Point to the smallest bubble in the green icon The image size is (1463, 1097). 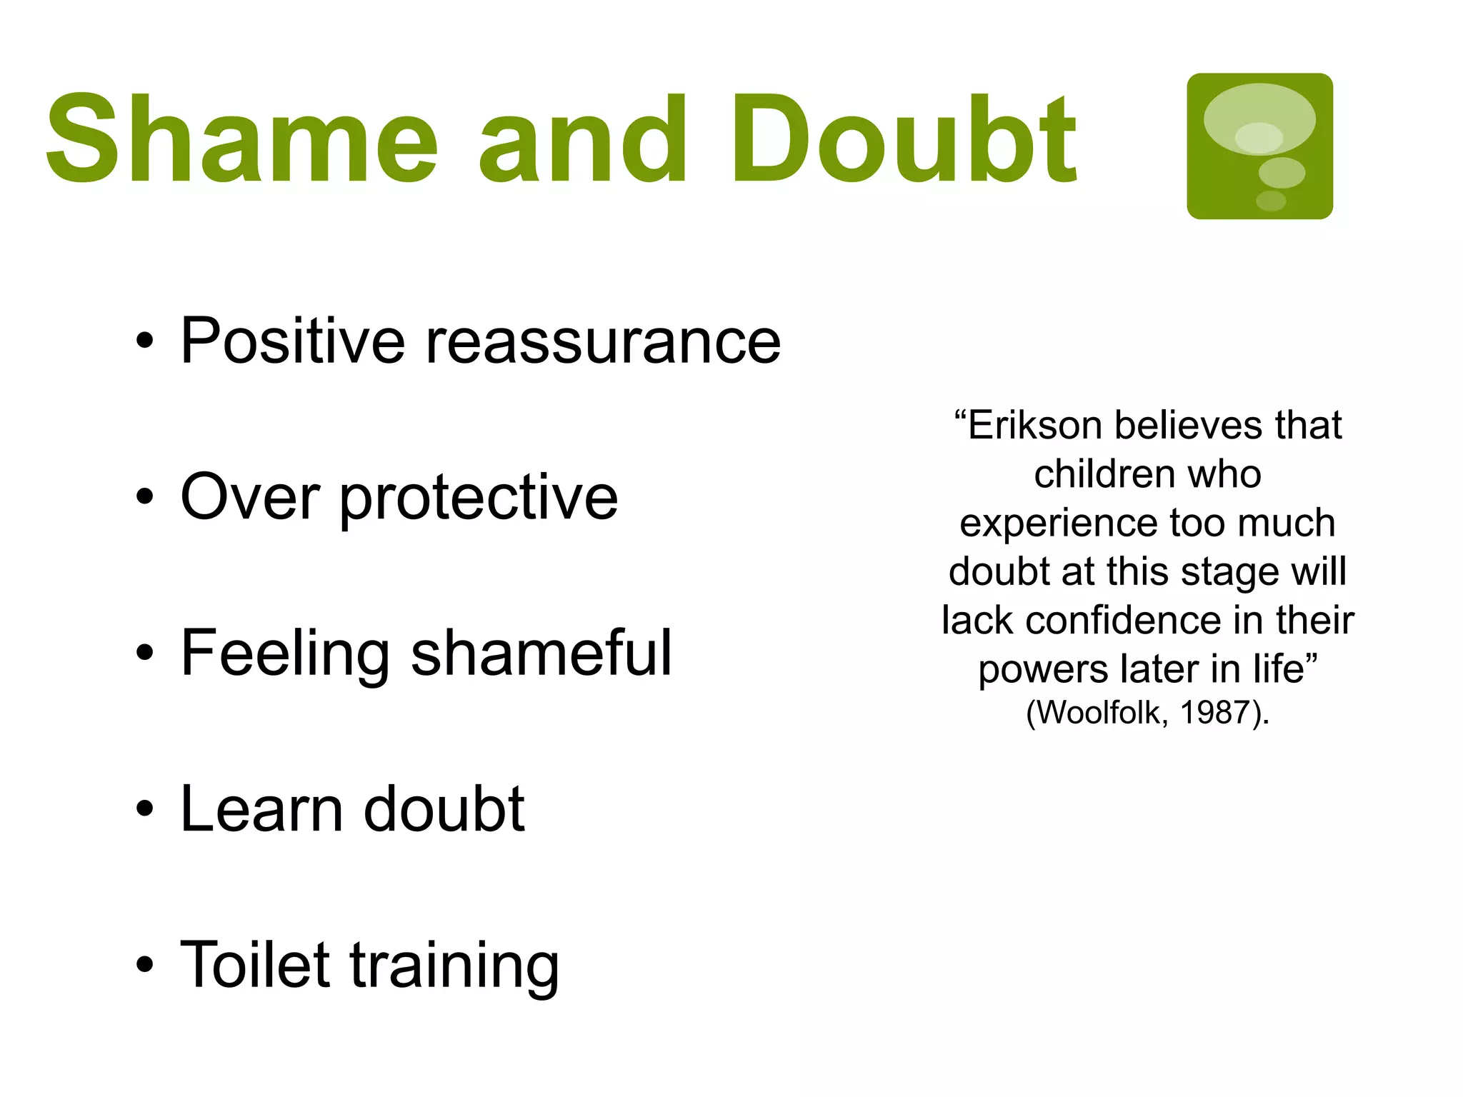1271,201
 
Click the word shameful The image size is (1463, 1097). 541,653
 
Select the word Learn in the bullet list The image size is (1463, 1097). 261,809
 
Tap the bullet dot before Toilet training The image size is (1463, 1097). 144,965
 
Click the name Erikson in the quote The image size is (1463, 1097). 1035,426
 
